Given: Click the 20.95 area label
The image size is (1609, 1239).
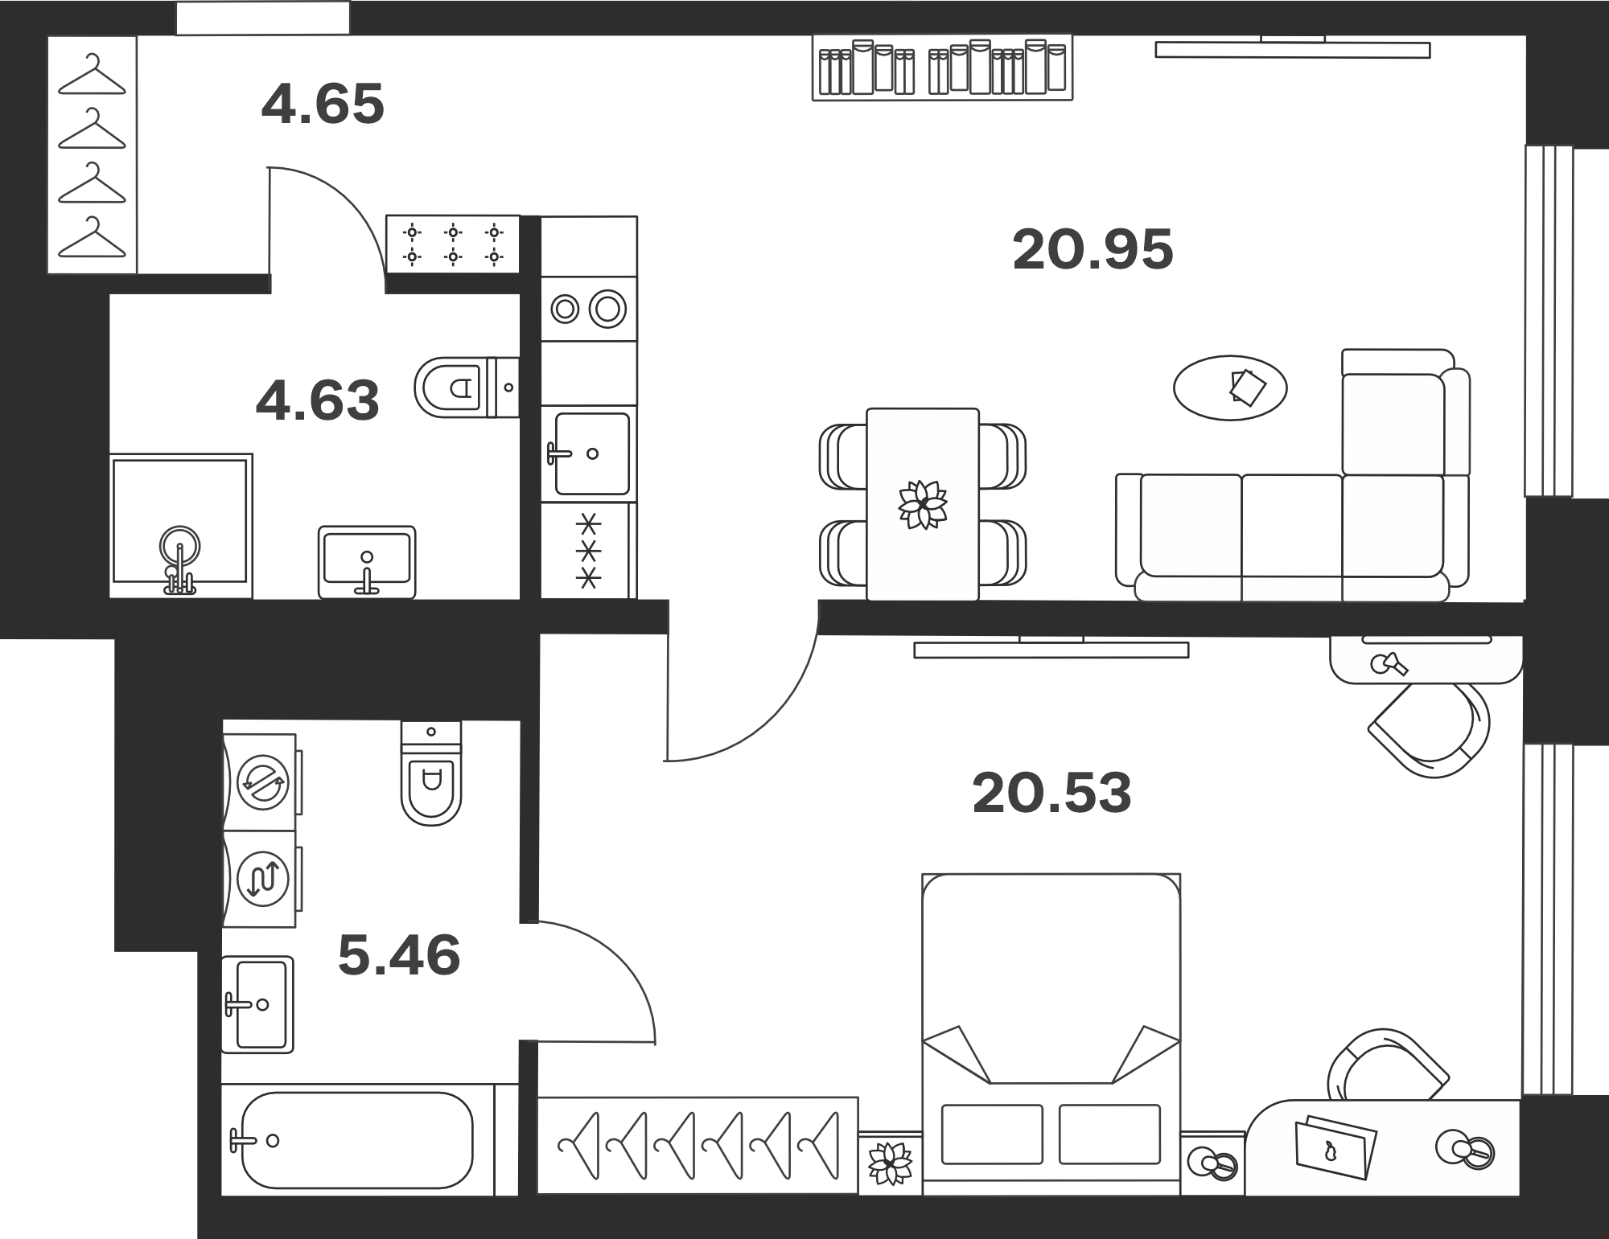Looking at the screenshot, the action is point(1093,249).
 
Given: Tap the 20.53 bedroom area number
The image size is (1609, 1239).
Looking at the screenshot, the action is point(1051,793).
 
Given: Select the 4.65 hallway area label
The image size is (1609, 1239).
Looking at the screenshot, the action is point(323,104).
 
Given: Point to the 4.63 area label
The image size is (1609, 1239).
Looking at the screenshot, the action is point(317,400).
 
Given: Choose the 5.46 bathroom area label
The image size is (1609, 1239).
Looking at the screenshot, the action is point(399,955).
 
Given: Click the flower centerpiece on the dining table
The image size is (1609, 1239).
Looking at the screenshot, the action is point(923,505).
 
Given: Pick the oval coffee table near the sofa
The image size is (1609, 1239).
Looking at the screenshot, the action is point(1230,388).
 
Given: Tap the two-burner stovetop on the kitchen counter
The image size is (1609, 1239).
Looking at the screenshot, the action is point(589,309).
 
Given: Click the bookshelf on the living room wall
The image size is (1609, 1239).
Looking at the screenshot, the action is point(943,68).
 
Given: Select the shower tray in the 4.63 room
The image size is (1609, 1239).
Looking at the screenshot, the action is point(181,527).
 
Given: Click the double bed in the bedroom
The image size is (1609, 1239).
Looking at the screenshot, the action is point(1051,1034).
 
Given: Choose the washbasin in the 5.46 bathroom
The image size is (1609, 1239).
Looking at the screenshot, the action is point(257,1004).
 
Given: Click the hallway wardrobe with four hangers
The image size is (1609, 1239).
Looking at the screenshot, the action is point(93,155).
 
